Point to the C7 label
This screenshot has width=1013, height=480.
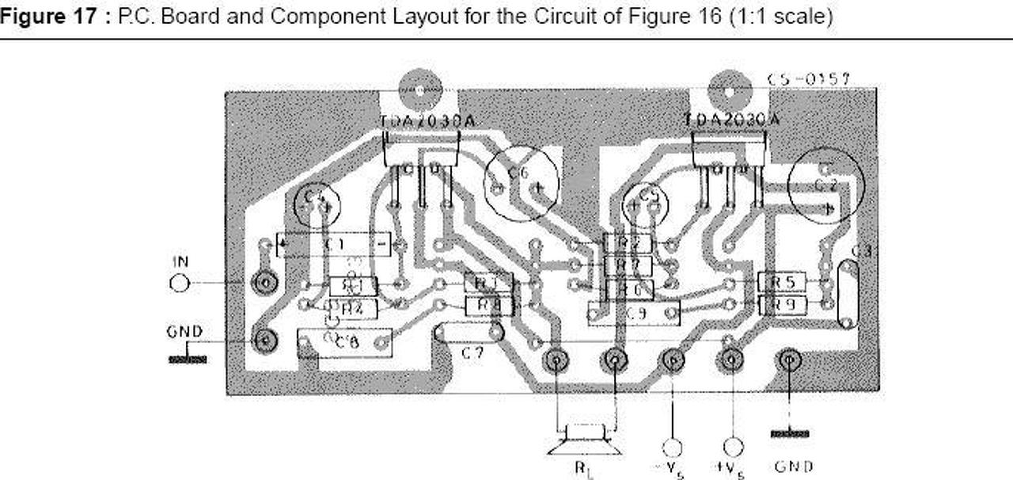472,354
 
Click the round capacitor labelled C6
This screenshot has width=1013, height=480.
520,185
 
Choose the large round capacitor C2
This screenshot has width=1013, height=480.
826,185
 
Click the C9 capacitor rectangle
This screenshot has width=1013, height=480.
634,314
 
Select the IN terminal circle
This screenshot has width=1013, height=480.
180,282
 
